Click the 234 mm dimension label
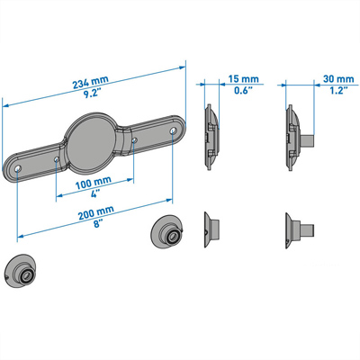point(90,82)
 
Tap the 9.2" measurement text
point(92,94)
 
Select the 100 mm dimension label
point(94,183)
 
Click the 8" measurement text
point(97,224)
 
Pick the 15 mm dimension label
point(243,79)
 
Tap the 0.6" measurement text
point(243,90)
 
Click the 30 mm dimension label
point(338,79)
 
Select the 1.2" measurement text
point(339,90)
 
